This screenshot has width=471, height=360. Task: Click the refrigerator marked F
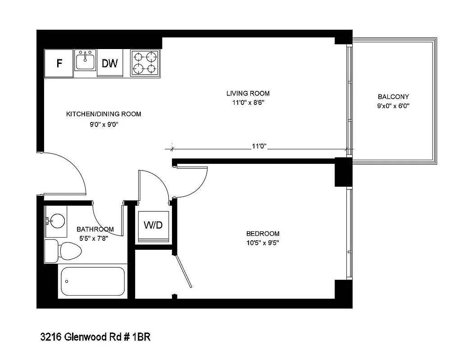[59, 63]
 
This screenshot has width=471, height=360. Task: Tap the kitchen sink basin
[85, 61]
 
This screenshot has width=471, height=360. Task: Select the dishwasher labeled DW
[109, 63]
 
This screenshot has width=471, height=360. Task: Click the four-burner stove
[145, 63]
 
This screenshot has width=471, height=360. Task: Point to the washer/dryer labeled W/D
[153, 225]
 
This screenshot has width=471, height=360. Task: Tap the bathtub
[92, 281]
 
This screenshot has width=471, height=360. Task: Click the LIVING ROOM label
[248, 94]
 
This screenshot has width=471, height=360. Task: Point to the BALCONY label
[393, 97]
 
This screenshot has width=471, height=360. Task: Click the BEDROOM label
[263, 234]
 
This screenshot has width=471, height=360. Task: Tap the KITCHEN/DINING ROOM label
[104, 114]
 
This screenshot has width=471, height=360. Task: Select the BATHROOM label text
[95, 229]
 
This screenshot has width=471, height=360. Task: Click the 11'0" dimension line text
[259, 146]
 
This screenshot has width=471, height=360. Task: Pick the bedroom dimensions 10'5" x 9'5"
[263, 243]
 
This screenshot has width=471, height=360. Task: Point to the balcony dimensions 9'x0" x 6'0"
[393, 106]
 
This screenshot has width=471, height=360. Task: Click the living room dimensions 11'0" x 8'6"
[248, 103]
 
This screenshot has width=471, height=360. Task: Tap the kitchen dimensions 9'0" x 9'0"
[104, 124]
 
